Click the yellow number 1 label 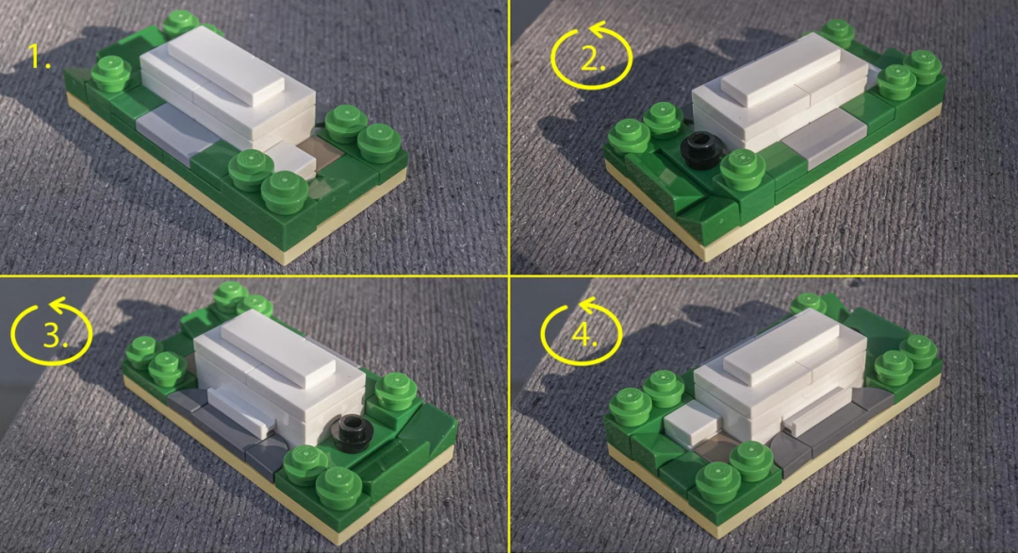[x=41, y=58]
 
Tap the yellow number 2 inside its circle [x=592, y=59]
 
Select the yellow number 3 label [x=55, y=335]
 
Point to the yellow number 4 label [x=583, y=335]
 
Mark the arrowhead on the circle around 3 [x=59, y=305]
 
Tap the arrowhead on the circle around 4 [x=588, y=306]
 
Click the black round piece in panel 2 [x=699, y=151]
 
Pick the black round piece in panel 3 [x=354, y=431]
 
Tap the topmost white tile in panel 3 [x=278, y=349]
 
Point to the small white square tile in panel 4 [x=690, y=423]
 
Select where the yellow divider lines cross [x=510, y=276]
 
